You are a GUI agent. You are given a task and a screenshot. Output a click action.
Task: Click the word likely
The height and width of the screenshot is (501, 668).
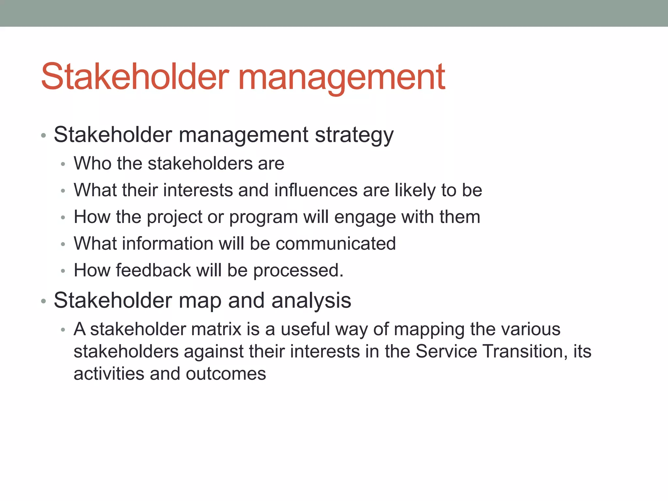click(415, 190)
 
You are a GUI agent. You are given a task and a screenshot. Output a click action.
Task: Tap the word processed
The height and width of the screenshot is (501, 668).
click(298, 271)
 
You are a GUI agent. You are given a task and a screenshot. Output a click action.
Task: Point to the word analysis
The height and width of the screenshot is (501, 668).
click(311, 301)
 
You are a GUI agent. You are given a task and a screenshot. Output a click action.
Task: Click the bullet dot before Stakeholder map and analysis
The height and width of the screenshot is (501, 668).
click(43, 301)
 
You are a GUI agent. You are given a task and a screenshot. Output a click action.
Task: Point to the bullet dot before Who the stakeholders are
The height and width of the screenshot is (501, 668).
click(63, 164)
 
